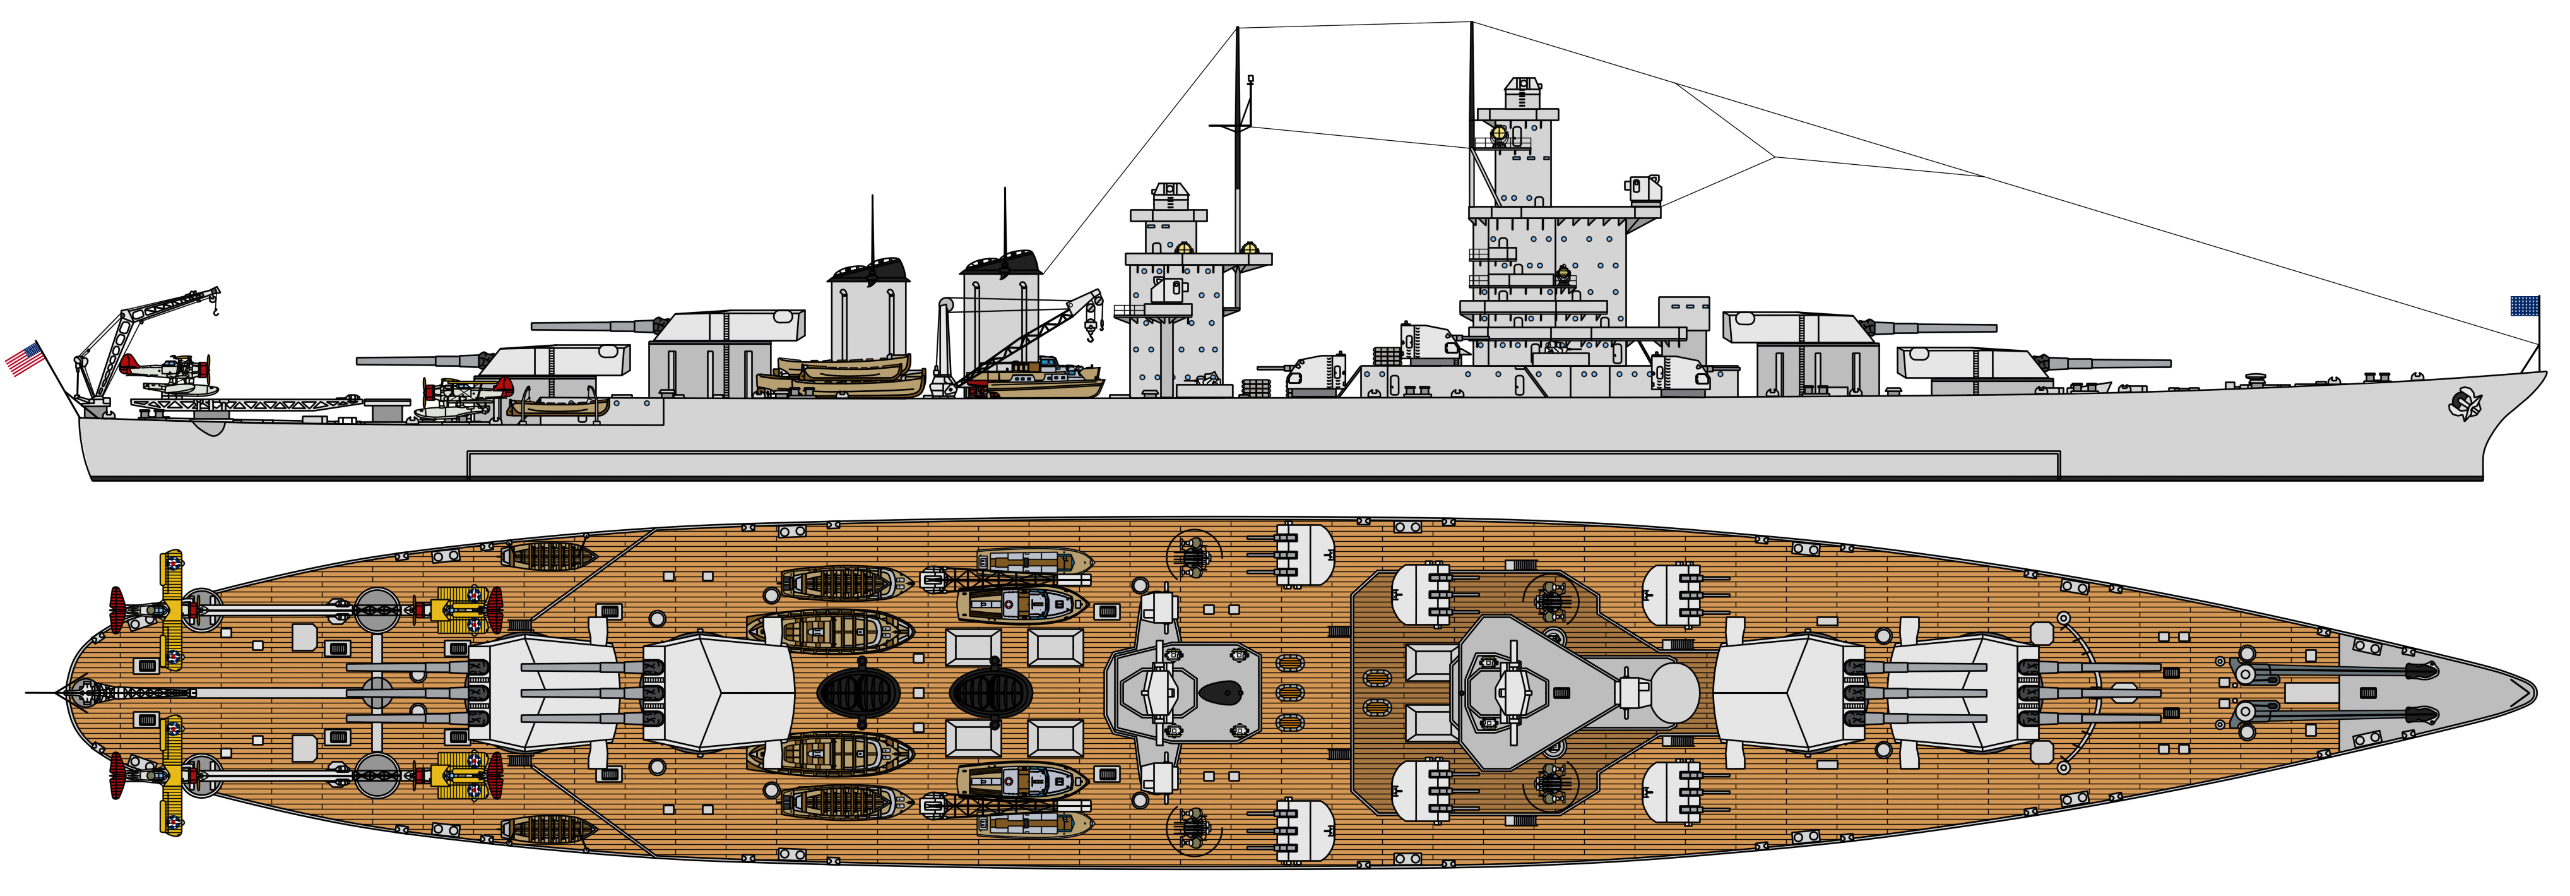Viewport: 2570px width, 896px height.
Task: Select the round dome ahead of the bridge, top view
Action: (x=1673, y=690)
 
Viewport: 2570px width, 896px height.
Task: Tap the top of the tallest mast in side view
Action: (x=1472, y=25)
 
